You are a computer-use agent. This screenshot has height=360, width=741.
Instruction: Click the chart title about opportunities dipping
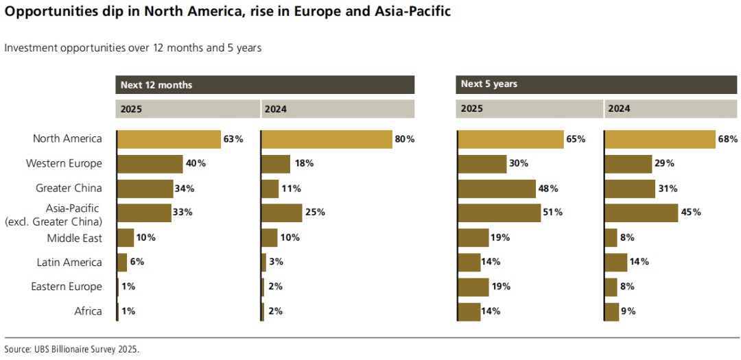click(228, 13)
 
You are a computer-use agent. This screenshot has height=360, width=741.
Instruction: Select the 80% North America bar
click(327, 139)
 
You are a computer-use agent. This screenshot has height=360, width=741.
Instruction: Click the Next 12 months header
click(156, 85)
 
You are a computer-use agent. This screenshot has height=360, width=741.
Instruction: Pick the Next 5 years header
click(489, 84)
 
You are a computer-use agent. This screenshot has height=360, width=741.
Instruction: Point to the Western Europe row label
click(64, 164)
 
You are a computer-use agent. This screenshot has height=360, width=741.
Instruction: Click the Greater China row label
click(69, 189)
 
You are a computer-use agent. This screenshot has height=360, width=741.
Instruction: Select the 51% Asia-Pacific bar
click(499, 213)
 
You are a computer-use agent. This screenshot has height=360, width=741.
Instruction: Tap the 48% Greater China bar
click(496, 189)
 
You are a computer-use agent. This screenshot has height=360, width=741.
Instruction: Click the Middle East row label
click(74, 238)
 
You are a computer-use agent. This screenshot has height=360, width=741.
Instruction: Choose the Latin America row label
click(69, 262)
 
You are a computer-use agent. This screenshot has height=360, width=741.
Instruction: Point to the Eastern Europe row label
click(67, 287)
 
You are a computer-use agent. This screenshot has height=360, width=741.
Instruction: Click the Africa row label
click(88, 311)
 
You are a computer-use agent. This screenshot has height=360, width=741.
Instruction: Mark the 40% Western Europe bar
click(150, 164)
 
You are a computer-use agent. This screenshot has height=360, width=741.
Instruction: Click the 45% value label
click(692, 213)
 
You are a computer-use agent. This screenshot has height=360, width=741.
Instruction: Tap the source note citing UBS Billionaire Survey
click(71, 349)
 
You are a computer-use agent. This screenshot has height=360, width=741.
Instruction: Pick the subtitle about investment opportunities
click(132, 48)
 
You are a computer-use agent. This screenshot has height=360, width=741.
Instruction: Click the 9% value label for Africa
click(628, 311)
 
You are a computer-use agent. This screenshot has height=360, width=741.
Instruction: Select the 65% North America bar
click(510, 139)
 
